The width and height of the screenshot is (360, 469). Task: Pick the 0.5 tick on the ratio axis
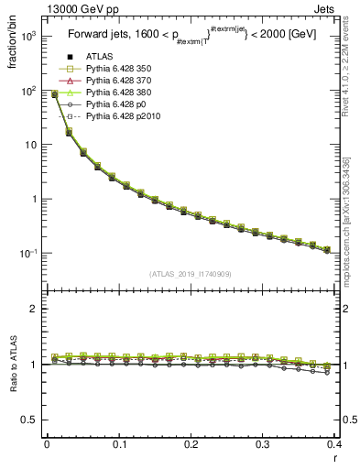32,420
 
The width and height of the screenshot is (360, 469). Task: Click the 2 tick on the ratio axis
36,309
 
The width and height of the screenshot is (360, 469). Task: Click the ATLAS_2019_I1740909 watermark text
190,275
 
